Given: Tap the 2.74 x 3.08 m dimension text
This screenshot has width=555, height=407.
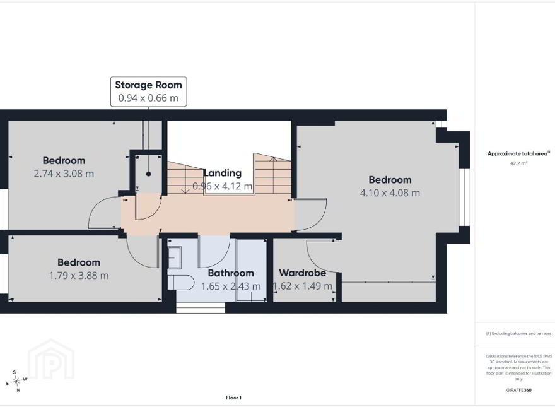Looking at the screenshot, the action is pos(64,174).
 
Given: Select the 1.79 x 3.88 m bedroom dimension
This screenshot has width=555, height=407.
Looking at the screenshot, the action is pos(79,276).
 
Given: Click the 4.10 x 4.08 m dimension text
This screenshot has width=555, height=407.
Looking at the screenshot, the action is pos(390,192).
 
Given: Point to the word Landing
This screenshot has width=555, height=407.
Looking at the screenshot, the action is pos(223,173).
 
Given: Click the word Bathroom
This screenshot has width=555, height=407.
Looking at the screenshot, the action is pos(231,273).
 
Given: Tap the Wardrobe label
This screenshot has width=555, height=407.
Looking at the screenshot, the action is pos(303,273).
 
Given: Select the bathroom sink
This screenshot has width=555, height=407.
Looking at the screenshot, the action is pos(174,257).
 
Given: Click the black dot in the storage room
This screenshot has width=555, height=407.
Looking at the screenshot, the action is pos(149,174).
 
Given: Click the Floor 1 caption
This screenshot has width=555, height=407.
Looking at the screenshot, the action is pos(233,398).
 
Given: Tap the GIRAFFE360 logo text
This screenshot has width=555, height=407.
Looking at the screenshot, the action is pos(519,391).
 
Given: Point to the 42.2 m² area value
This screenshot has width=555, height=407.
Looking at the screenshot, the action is pos(519,163).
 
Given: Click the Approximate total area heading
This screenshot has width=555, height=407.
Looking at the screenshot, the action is pos(518,154).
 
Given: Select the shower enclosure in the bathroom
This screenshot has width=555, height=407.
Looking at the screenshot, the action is pos(252,271).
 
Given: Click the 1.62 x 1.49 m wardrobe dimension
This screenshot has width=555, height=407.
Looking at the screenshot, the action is pos(303,286).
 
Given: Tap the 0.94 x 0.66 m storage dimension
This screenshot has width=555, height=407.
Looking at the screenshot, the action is pos(148,98).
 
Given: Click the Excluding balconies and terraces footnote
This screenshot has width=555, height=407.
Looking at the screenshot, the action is pos(518,334).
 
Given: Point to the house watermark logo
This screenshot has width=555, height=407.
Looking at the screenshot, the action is pos(51,359).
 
